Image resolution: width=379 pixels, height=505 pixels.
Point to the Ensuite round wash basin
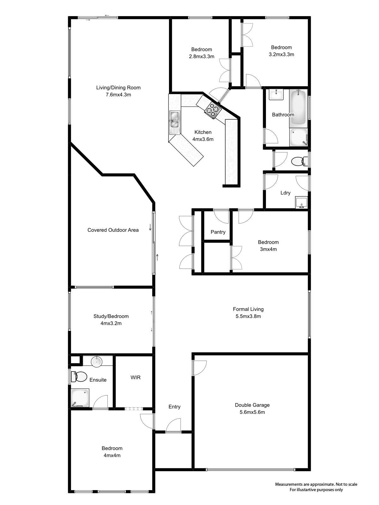click(x=97, y=361)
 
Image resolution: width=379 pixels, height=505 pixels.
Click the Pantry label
click(x=218, y=232)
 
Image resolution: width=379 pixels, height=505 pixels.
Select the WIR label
click(x=135, y=377)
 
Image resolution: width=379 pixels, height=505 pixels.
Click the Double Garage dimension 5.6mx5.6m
click(x=252, y=412)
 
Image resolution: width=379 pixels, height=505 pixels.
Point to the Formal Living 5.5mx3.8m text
click(x=248, y=316)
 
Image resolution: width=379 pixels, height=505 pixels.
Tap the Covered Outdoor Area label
click(x=113, y=230)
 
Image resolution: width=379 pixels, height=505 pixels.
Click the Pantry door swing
click(x=221, y=216)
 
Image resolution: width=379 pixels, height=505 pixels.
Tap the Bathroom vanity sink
click(x=276, y=94)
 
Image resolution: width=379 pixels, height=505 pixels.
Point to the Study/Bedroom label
click(x=111, y=316)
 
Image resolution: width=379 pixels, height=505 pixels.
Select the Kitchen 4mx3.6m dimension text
click(x=203, y=139)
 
